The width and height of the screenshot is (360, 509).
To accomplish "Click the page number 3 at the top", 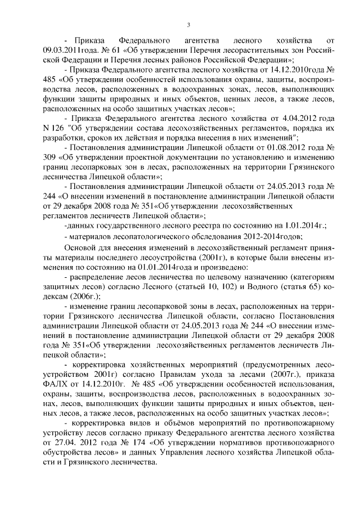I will (x=189, y=24).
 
